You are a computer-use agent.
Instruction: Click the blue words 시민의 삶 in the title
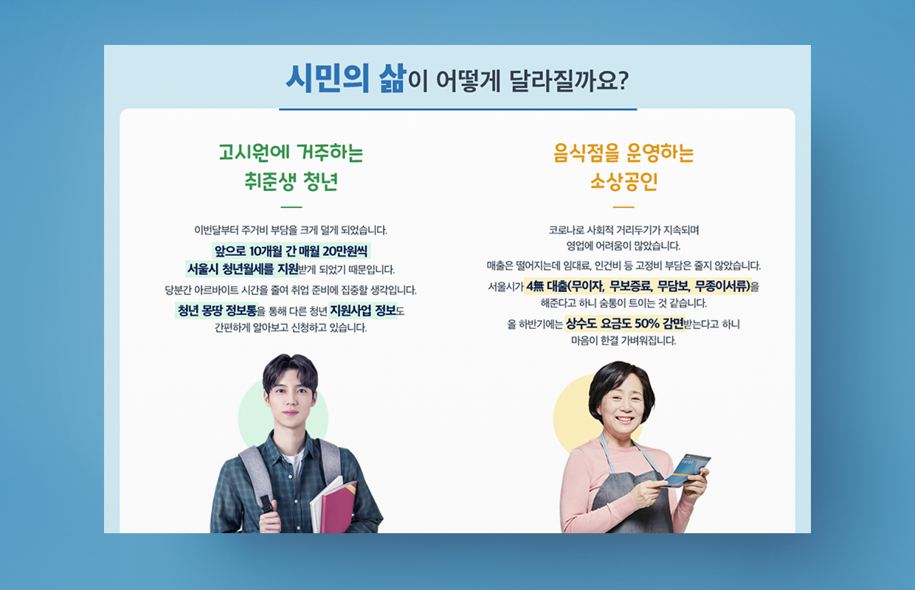click(x=345, y=78)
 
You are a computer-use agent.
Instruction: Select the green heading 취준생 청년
click(x=291, y=181)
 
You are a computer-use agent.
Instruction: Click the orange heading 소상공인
click(x=624, y=181)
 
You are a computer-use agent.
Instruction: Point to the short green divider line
click(x=291, y=207)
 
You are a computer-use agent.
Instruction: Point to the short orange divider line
click(x=624, y=207)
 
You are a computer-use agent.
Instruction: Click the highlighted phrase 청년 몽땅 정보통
click(x=217, y=310)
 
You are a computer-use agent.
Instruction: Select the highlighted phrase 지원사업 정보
click(x=363, y=310)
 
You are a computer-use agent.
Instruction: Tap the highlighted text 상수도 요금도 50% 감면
click(x=624, y=324)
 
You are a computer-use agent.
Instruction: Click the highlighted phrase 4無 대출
click(x=547, y=287)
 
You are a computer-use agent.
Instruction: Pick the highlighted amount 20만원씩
click(x=345, y=251)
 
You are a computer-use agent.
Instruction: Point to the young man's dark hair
click(x=290, y=369)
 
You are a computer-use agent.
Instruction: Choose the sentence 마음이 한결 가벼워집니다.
click(x=624, y=341)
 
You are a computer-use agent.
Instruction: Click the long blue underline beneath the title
click(x=458, y=109)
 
